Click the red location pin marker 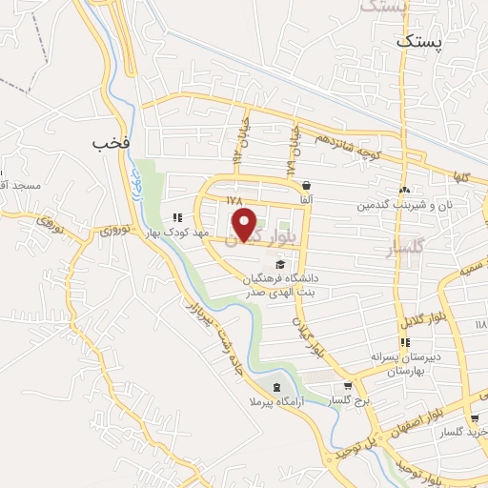246,227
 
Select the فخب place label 110,142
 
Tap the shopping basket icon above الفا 306,185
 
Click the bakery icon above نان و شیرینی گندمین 405,191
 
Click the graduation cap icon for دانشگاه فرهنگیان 279,264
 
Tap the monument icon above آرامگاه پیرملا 276,387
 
